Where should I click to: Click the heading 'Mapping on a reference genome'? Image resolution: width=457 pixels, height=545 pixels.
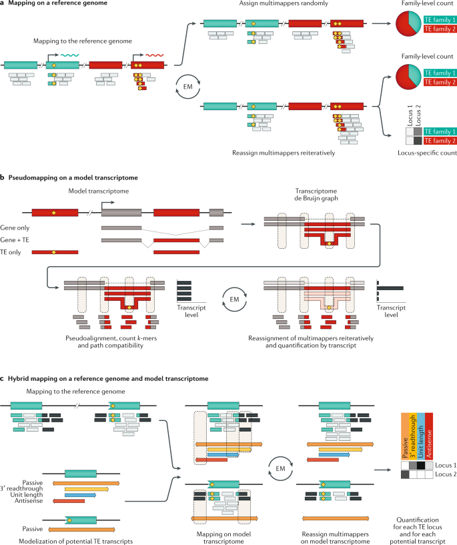[57, 3]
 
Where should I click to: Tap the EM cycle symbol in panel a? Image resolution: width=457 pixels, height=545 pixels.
[187, 87]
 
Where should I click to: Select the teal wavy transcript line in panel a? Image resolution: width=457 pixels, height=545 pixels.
[70, 55]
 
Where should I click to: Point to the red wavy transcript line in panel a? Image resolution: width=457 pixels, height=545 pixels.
[155, 55]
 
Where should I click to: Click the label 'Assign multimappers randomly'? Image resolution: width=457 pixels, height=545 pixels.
[284, 3]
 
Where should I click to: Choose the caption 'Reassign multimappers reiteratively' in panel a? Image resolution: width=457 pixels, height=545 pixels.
[284, 153]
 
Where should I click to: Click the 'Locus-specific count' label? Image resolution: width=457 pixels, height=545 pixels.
[427, 153]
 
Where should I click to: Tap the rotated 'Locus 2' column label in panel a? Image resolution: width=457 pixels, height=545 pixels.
[418, 115]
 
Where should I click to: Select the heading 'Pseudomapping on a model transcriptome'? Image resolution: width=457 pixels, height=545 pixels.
[73, 177]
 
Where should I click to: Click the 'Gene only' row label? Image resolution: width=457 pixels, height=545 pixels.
[15, 228]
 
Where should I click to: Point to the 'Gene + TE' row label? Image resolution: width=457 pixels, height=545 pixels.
[15, 240]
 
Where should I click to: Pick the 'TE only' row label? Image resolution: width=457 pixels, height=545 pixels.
[11, 252]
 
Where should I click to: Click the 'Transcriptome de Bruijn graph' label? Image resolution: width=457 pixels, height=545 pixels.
[316, 195]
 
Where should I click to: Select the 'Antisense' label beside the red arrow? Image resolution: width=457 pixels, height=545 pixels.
[29, 501]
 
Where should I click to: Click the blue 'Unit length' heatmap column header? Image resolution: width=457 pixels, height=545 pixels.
[420, 436]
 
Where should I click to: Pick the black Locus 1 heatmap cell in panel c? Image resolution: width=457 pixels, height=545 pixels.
[421, 466]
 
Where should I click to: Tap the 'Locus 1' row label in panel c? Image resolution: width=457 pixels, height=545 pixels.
[446, 466]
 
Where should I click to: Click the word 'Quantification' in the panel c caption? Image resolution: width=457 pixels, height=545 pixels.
[418, 520]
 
